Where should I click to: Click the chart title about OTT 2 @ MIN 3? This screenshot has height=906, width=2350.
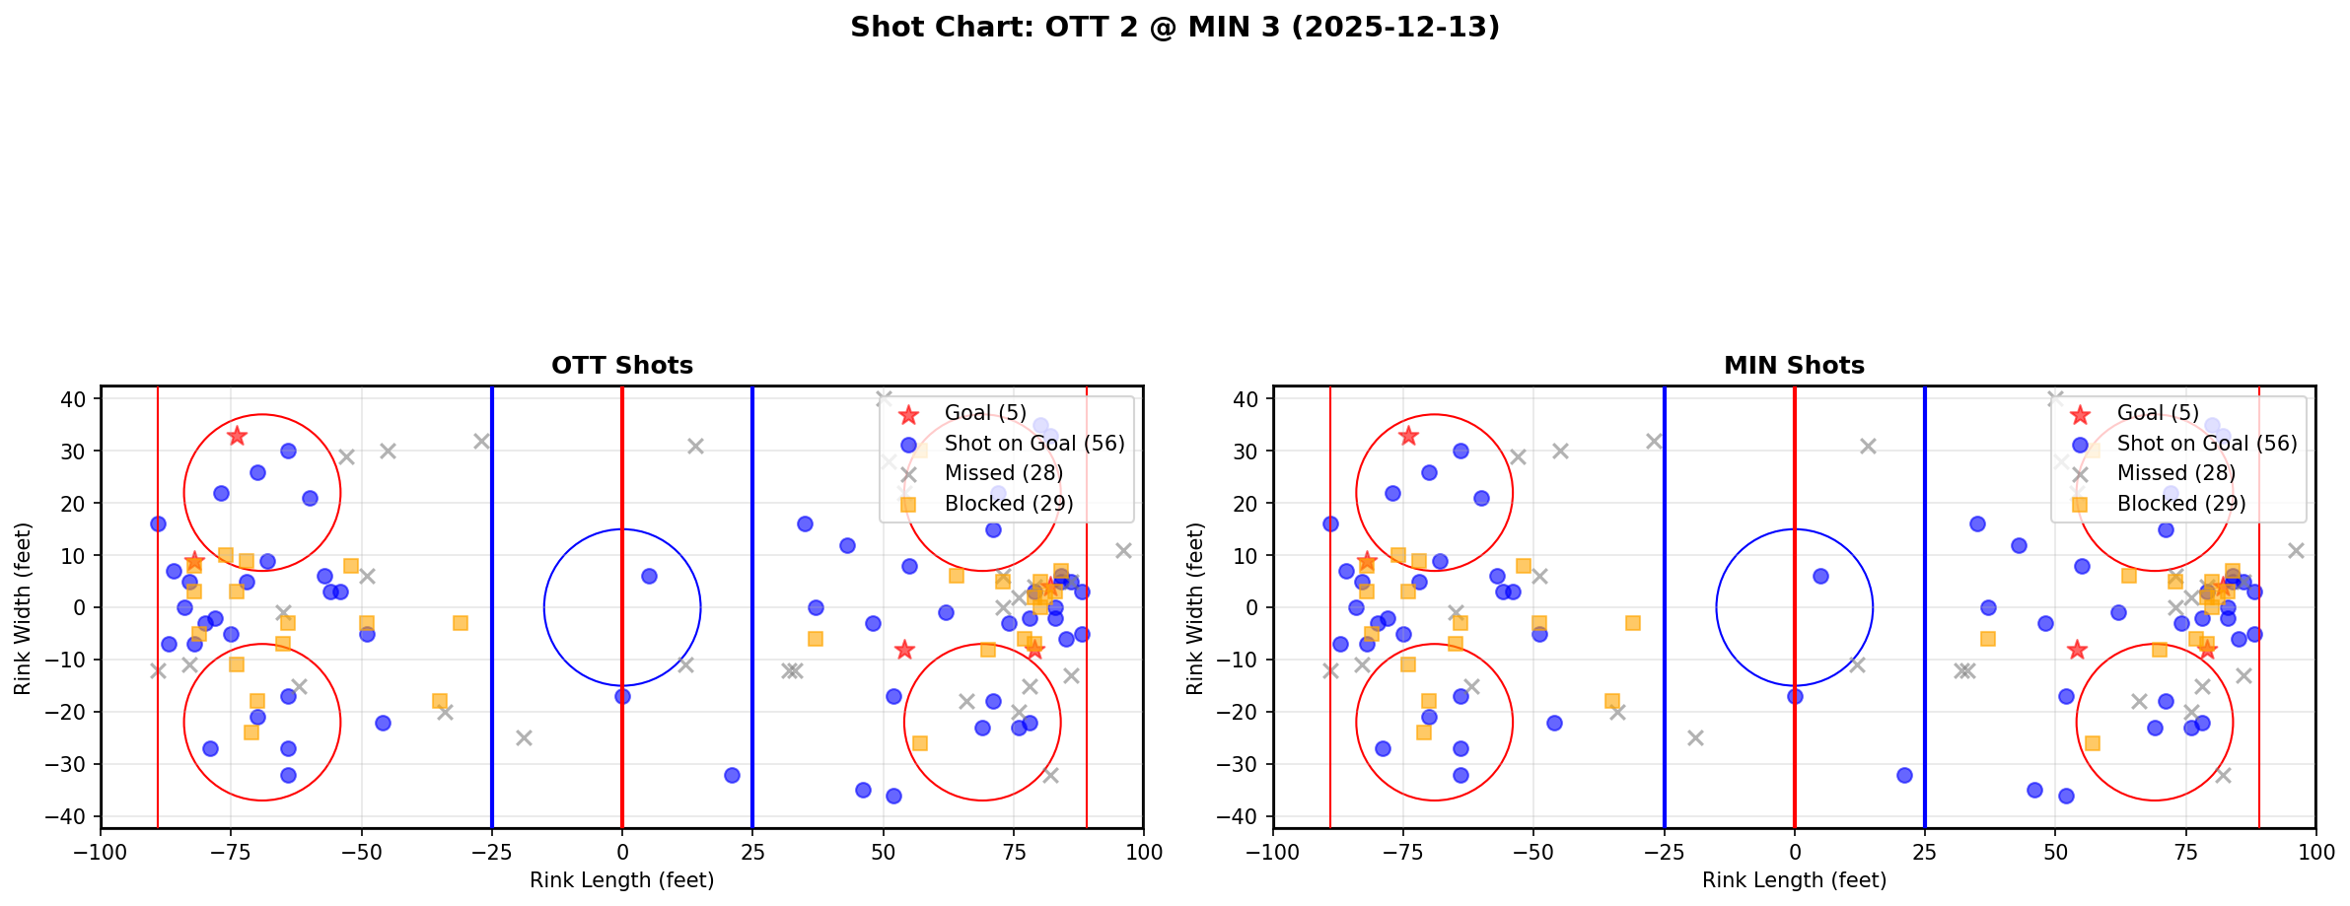[1175, 28]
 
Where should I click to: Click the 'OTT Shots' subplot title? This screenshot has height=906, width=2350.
[622, 366]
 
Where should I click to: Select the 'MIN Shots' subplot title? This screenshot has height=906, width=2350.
[1794, 366]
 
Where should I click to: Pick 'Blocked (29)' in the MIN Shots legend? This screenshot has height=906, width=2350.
[2181, 504]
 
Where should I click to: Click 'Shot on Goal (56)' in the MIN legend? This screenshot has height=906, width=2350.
[2207, 444]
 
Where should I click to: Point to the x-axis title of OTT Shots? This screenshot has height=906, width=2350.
[622, 880]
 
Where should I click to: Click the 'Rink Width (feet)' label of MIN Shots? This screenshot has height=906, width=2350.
[1195, 607]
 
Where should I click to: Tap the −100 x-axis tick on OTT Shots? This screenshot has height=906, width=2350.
[102, 851]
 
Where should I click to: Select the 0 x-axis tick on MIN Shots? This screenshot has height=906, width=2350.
[1795, 851]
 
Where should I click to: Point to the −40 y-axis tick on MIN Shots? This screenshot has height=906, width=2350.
[1245, 816]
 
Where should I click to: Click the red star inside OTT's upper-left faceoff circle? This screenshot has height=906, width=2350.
[237, 436]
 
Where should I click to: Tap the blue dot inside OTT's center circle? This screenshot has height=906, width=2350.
[649, 576]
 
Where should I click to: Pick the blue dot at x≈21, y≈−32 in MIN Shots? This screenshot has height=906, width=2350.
[1904, 775]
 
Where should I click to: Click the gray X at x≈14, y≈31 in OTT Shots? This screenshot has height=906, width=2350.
[695, 446]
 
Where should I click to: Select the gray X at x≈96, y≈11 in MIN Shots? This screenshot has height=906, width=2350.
[2295, 550]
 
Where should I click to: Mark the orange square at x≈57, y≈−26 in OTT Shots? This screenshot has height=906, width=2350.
[919, 743]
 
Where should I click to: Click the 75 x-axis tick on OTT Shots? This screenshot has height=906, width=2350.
[1013, 851]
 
